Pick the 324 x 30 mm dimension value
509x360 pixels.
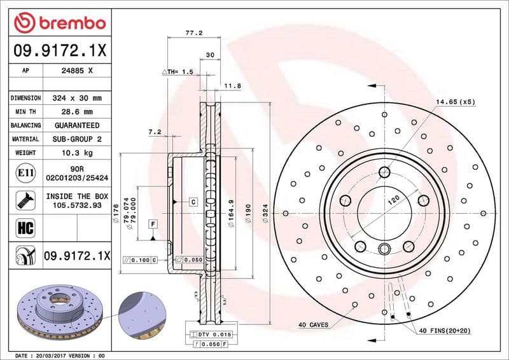pos(77,99)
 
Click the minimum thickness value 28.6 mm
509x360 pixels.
pos(77,112)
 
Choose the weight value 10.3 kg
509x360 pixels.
pos(77,153)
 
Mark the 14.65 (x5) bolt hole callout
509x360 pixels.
pos(455,102)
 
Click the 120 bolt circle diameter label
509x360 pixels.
pos(394,200)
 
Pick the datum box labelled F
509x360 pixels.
pos(153,224)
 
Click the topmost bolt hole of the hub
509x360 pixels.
pos(384,172)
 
